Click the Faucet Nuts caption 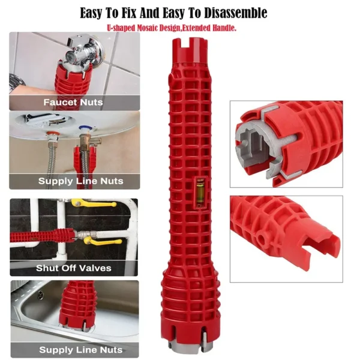(73, 102)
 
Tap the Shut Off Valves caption (73, 268)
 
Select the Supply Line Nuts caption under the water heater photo (73, 181)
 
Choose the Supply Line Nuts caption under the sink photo (73, 349)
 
